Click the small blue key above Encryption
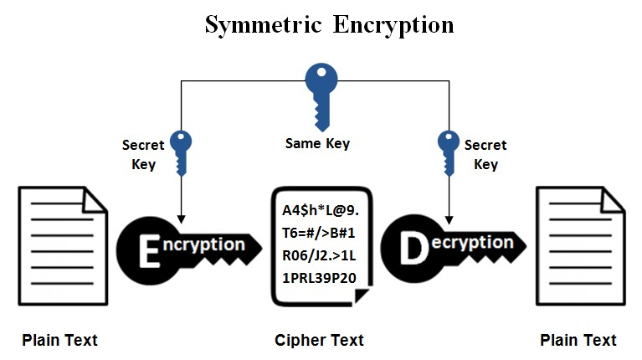[182, 151]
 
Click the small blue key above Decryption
[449, 151]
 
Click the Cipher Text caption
[319, 340]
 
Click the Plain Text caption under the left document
[59, 340]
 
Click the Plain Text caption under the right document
[578, 340]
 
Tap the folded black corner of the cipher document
[361, 296]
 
